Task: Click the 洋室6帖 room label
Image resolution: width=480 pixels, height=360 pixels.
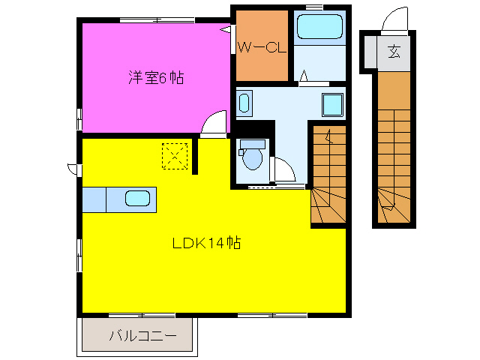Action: coord(156,76)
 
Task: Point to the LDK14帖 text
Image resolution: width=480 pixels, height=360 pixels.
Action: coord(206,243)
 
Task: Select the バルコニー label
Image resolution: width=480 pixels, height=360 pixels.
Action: coord(142,336)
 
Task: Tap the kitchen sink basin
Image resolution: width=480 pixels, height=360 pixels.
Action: coord(137,199)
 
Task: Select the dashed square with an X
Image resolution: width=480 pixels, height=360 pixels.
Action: coord(174,156)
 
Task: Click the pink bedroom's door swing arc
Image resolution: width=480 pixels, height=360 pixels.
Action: coord(214,122)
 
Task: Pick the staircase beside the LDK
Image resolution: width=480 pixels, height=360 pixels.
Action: coord(328,176)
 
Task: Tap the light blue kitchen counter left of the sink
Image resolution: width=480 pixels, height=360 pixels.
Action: coord(94,199)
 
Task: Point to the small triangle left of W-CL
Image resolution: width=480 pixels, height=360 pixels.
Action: coord(225,30)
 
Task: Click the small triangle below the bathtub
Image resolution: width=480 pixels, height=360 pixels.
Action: coord(303,75)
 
